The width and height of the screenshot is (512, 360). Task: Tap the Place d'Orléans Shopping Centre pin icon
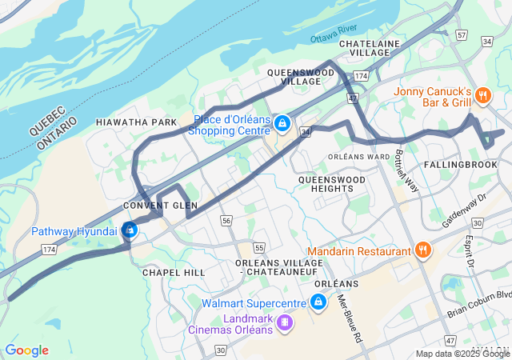(282, 124)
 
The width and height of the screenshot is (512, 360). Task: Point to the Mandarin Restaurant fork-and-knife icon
(423, 251)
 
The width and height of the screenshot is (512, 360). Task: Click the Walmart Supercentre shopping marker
(318, 303)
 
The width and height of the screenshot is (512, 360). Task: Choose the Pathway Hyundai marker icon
(130, 231)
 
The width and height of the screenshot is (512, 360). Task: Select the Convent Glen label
(160, 206)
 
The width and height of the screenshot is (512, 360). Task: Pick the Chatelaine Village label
(364, 47)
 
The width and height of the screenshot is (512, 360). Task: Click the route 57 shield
(462, 35)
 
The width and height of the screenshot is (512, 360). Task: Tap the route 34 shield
(305, 130)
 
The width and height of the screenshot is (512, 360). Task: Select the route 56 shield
(227, 220)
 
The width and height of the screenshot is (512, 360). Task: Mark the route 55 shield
(258, 248)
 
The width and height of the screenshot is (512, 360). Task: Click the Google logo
(27, 350)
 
